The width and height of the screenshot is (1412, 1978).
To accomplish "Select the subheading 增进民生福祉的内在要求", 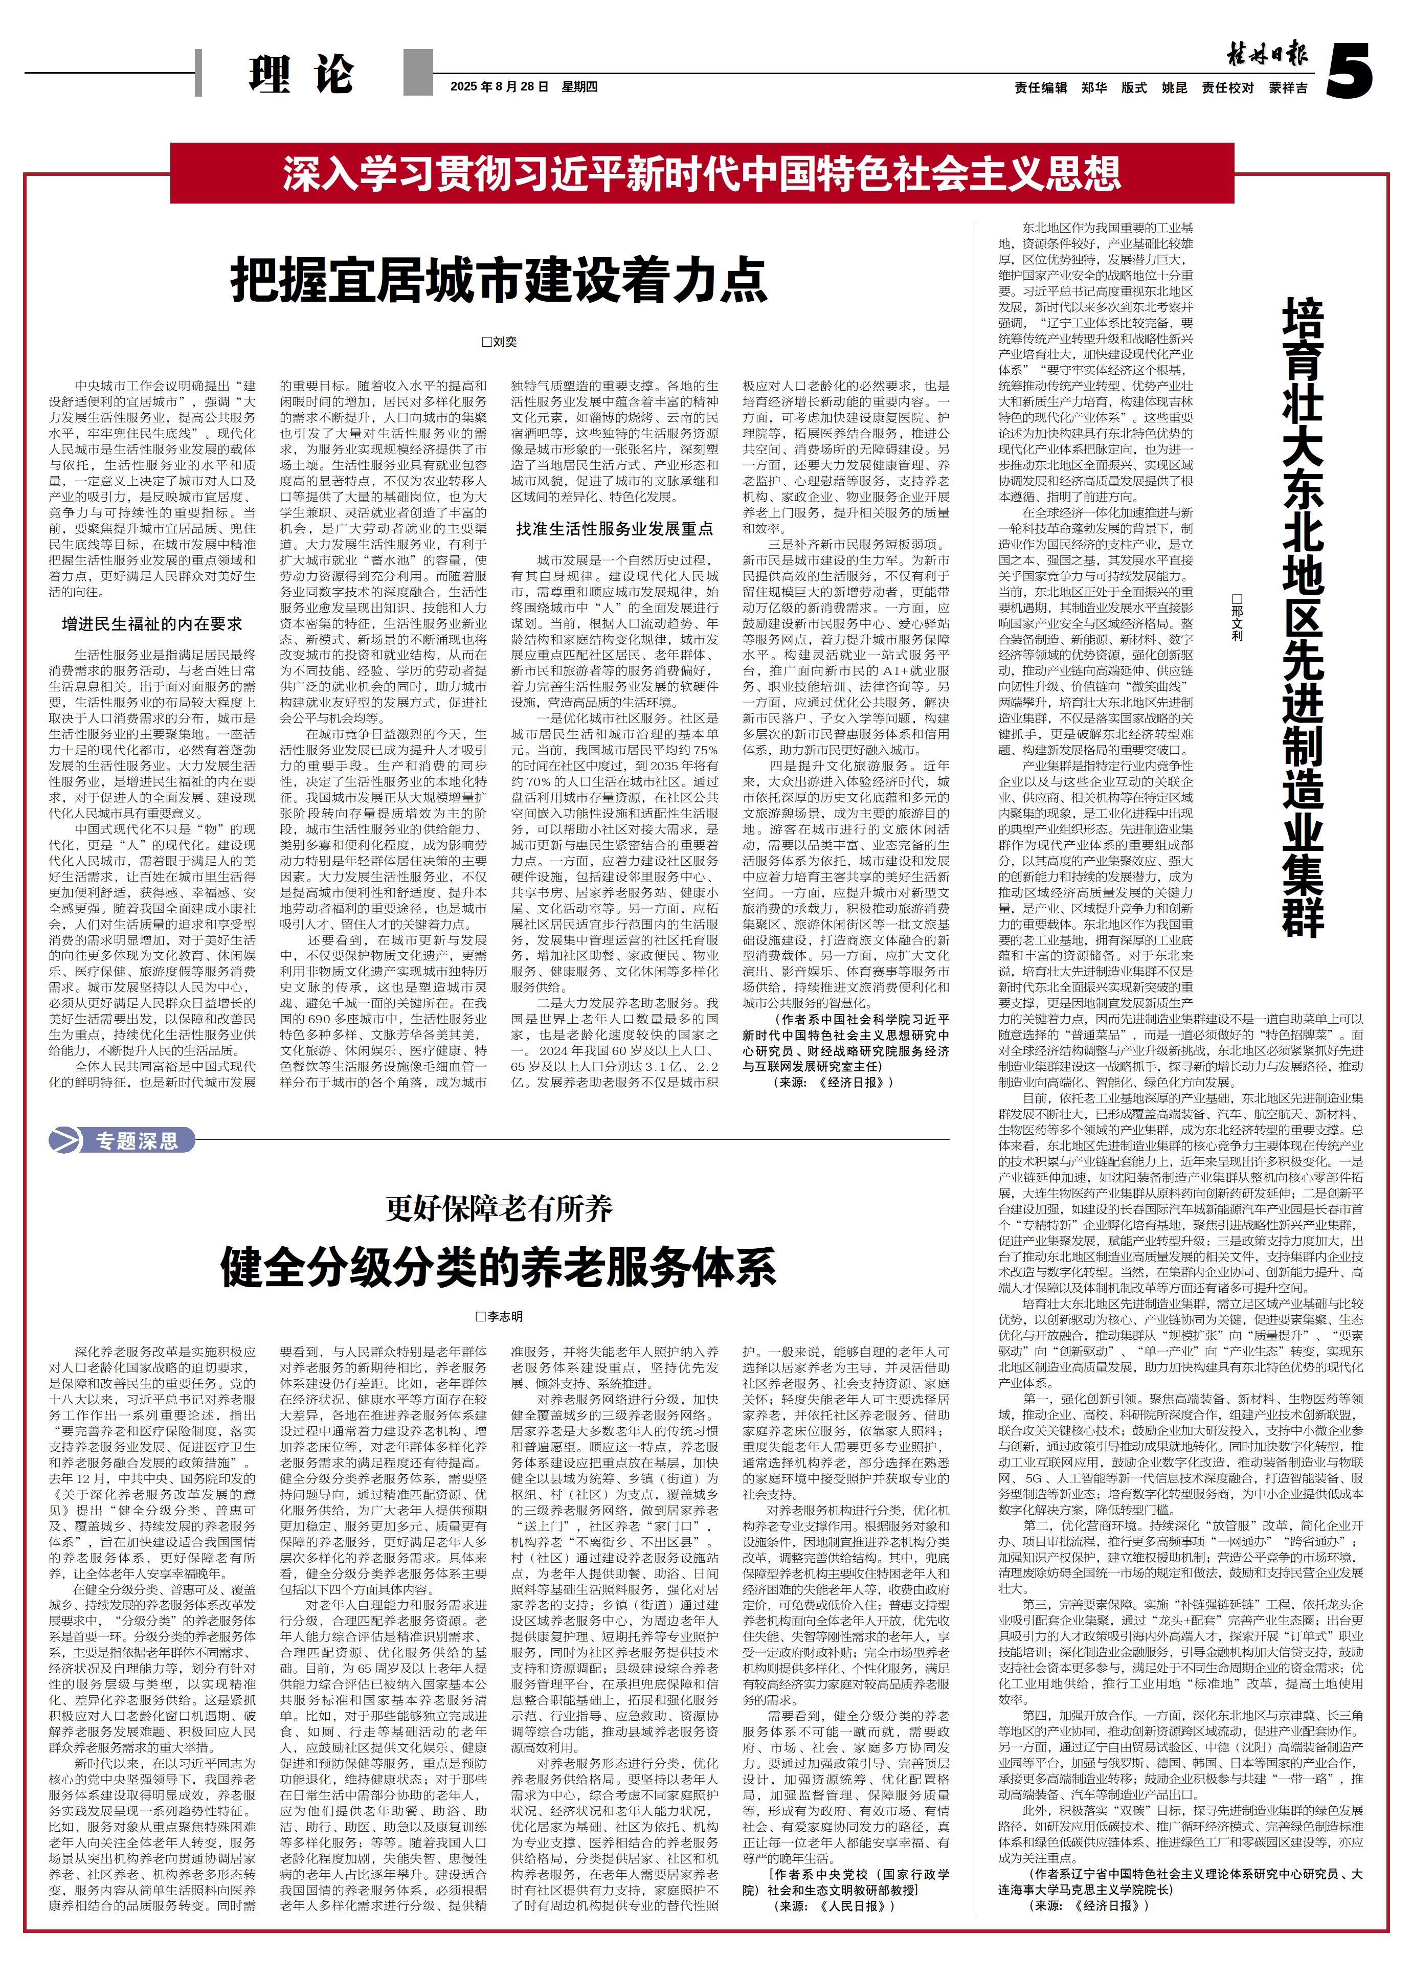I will pos(151,623).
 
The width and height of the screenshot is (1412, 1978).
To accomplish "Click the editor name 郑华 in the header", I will pos(1094,88).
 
